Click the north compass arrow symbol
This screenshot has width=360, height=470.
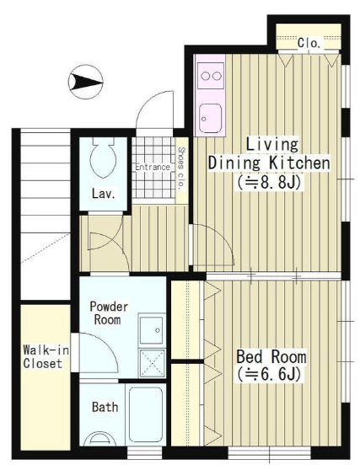[x=86, y=82]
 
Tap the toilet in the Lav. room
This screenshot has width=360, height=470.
[x=103, y=158]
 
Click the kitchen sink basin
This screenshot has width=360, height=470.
[x=210, y=118]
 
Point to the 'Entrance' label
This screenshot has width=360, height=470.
[x=153, y=167]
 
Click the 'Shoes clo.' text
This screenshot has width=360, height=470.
[x=180, y=168]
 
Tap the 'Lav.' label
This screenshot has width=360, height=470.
[x=104, y=194]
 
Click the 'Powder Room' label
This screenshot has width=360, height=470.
[x=109, y=313]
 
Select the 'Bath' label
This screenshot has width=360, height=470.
[x=105, y=407]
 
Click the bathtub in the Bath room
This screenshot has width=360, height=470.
[x=147, y=414]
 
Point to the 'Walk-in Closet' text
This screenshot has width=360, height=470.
[x=46, y=357]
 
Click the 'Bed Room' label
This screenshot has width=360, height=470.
[x=271, y=356]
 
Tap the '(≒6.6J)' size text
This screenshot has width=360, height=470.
[x=268, y=374]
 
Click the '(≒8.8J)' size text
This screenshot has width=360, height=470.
[x=269, y=182]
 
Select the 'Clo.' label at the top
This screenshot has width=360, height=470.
[x=309, y=43]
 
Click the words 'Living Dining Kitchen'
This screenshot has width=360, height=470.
[x=269, y=154]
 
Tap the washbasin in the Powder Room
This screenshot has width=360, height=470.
[x=152, y=329]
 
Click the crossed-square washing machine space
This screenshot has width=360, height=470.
[x=153, y=363]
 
